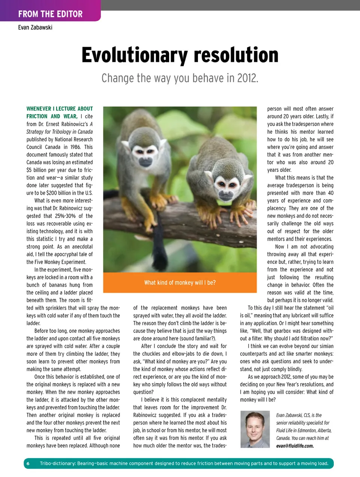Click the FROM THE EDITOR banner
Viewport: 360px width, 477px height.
coord(50,14)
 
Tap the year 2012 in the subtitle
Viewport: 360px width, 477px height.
coord(246,78)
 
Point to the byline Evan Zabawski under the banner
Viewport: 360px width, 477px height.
coord(35,27)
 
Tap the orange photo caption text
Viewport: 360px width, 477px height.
coord(180,283)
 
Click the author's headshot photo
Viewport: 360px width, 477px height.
coord(255,429)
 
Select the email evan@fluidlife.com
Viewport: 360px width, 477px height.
coord(295,446)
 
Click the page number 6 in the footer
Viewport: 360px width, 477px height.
coord(28,463)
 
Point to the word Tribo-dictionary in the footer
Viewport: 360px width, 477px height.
coord(57,463)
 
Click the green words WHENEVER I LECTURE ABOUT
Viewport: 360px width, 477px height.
coord(60,109)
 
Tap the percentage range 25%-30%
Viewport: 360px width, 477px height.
coord(65,216)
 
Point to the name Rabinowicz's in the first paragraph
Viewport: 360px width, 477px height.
coord(74,124)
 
